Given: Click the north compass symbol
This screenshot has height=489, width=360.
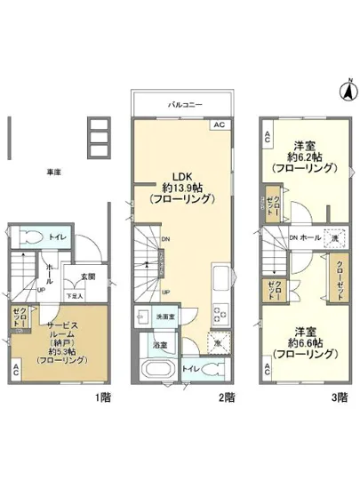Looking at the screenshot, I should (347, 89).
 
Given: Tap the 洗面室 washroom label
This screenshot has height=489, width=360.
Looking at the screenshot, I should (166, 315).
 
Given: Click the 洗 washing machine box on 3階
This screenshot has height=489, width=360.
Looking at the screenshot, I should (332, 239).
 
